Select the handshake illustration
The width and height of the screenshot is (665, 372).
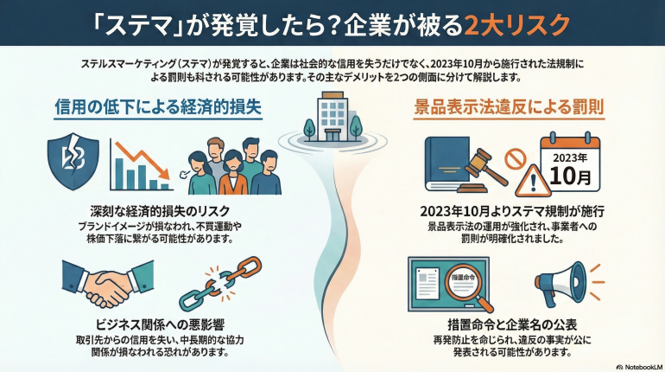[x=98, y=285]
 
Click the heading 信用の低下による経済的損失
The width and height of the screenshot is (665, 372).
[x=158, y=107]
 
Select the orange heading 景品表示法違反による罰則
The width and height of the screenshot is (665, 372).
[x=507, y=107]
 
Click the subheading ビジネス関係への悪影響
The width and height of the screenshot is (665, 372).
[x=155, y=325]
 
